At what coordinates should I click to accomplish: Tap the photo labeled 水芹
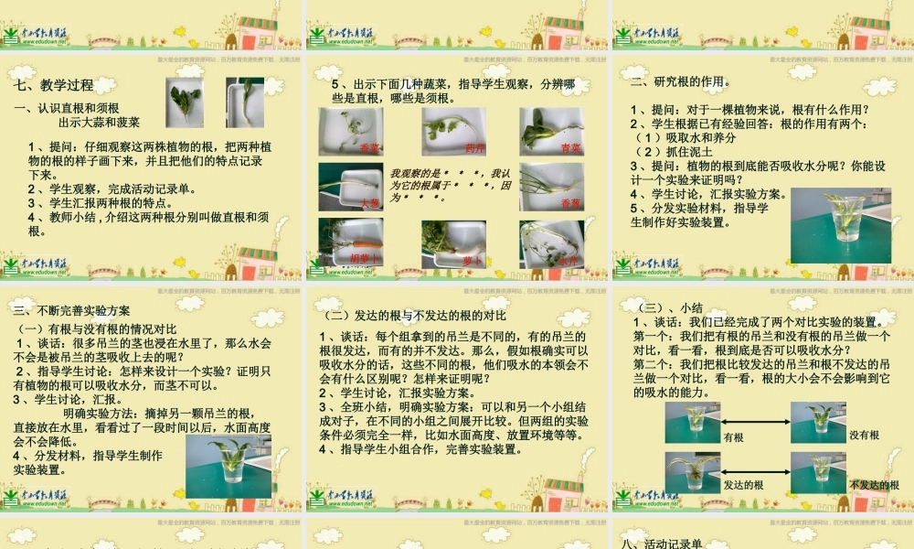[x=551, y=242]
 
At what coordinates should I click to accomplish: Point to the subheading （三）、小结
[x=667, y=307]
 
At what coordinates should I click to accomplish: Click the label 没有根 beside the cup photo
[x=864, y=436]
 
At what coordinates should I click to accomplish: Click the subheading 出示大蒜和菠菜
[x=99, y=121]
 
